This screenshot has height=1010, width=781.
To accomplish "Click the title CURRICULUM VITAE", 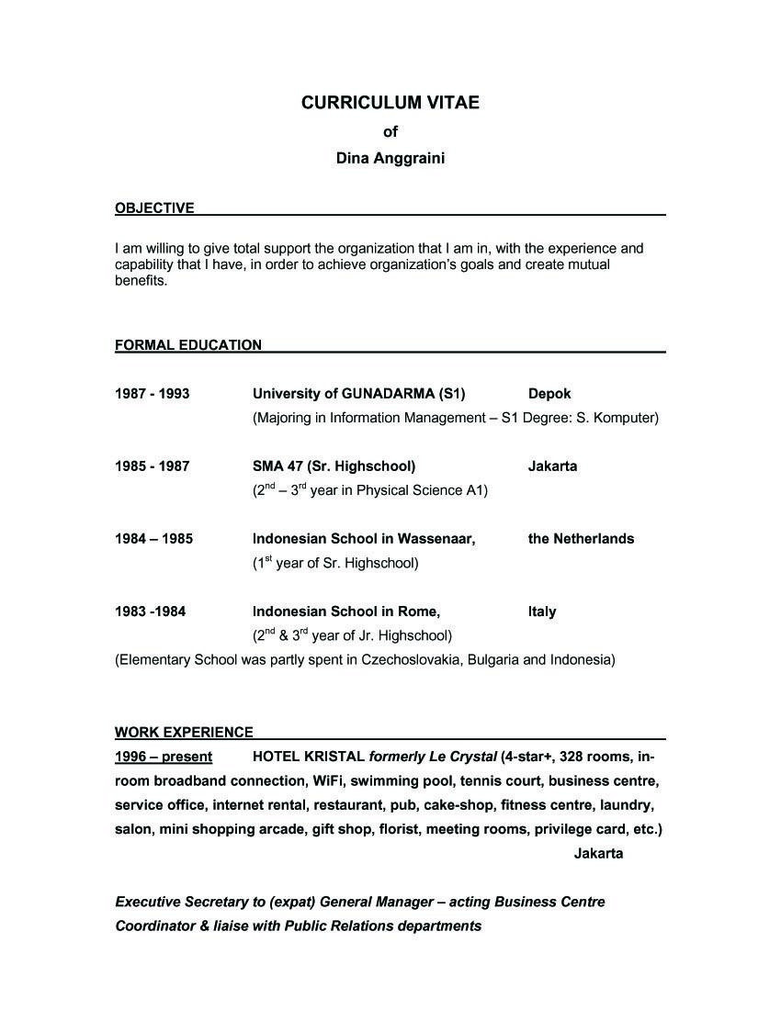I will coord(390,103).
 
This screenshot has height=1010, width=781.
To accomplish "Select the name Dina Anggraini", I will coord(390,158).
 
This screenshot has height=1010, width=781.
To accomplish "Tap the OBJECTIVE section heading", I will coord(154,208).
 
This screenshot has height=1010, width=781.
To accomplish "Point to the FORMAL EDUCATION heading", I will coord(188,345).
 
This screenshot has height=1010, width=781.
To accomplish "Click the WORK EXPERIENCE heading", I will coord(184,733).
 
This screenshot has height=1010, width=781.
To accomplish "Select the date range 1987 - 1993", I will coord(152,394).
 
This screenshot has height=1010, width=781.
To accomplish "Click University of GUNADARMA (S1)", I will coord(358,394).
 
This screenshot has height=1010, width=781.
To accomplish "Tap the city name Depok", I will coord(549,394).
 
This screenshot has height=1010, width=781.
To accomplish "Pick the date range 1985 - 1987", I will coord(152,466).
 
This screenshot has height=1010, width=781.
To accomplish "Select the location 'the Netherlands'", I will coord(581,539).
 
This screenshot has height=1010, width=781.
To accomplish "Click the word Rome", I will coord(421,612).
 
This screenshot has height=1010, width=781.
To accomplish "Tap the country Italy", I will coord(542,612).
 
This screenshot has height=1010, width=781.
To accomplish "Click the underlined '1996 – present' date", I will coord(164,757).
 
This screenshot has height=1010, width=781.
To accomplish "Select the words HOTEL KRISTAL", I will coord(308,757).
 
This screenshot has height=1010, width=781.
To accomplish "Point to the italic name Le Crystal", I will coord(461,757).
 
